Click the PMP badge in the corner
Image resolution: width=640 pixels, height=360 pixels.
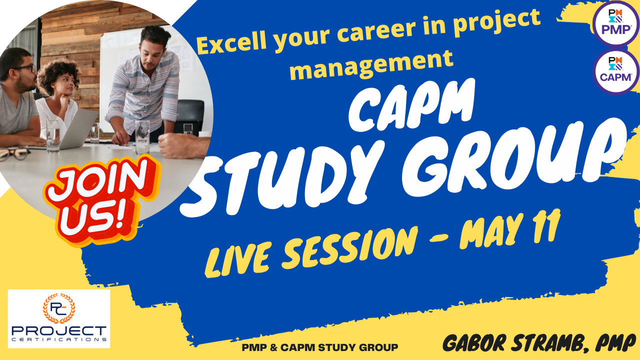616,23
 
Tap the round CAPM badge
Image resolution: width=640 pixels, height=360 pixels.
616,71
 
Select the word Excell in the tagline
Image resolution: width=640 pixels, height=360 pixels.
232,43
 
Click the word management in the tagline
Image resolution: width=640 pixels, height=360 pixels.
371,64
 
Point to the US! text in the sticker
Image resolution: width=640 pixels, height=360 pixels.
93,217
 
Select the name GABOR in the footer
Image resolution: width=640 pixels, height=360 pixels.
474,343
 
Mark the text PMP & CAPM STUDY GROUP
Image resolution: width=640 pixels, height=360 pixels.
320,347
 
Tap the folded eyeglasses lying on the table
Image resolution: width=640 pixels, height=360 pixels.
14,154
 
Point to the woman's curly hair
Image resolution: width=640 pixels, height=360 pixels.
58,74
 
